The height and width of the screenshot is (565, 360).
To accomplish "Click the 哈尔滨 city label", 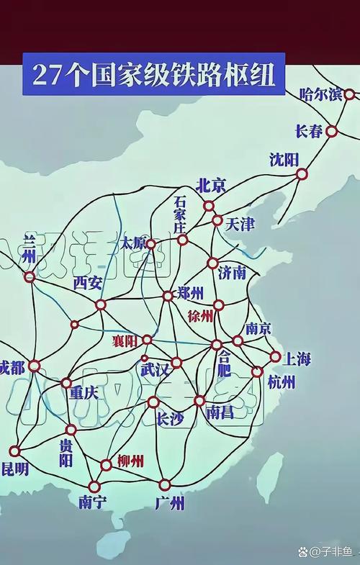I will pos(320,94).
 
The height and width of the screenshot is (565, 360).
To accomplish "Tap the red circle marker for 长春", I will pos(331,131).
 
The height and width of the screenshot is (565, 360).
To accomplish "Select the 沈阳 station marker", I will pos(302,173).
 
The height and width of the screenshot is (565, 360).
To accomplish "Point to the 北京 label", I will pos(211,185).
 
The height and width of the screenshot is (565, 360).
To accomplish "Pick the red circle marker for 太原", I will pos(150,244).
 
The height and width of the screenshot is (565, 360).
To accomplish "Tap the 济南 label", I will pos(232,272).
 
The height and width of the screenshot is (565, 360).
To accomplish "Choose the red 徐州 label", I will pos(200,315).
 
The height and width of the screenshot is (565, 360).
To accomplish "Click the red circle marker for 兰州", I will pos(30,276).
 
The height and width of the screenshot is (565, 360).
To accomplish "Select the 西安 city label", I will pos(88,283).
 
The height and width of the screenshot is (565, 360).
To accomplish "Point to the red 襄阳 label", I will pos(125,341).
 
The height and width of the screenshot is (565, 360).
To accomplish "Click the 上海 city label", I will pos(296,358).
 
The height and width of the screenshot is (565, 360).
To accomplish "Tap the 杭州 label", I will pos(281,381).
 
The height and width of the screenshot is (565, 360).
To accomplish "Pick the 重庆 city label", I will pos(84,393).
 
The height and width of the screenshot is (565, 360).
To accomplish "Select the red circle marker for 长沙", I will pos(153,402).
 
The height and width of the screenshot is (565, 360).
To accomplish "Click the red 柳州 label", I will pos(130,461).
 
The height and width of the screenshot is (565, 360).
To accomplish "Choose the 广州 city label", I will pos(170,502).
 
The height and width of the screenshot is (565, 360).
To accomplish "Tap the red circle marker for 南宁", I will pos(94,487).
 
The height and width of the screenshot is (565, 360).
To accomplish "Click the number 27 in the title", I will pos(47,74).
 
